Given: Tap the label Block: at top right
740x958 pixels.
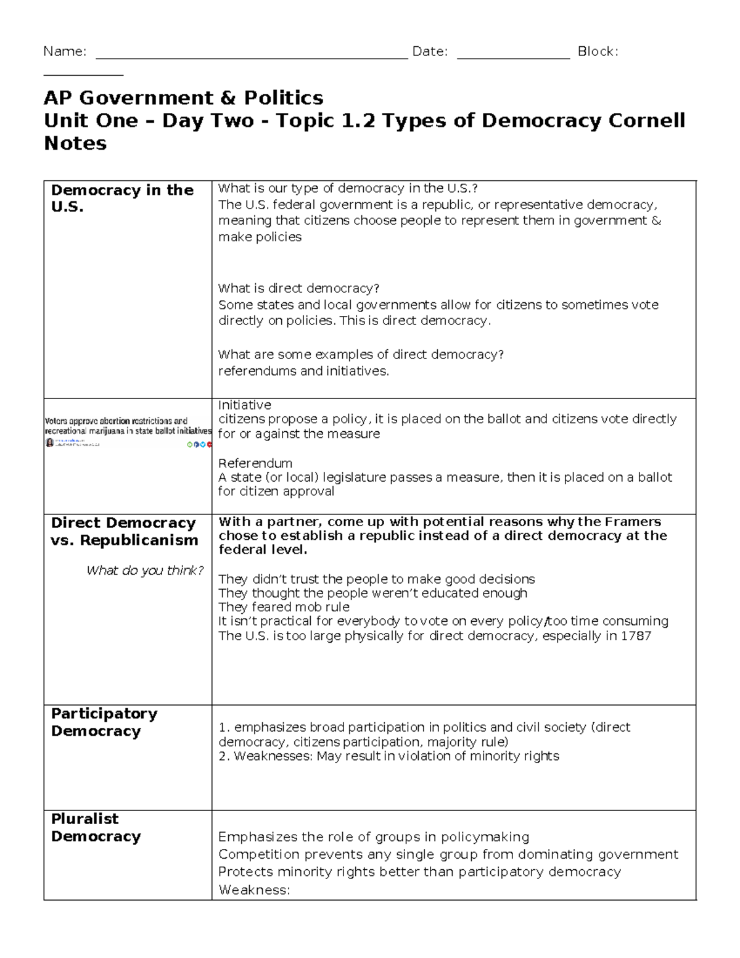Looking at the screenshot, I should (x=598, y=52).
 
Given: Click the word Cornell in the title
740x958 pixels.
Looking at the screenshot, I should (x=646, y=120).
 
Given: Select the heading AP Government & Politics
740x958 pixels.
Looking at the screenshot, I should (x=183, y=97).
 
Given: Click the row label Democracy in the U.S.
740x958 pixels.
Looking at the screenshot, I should (x=122, y=198).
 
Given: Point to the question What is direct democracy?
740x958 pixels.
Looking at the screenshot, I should (x=298, y=288).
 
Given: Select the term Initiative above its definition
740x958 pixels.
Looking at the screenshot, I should (x=244, y=405).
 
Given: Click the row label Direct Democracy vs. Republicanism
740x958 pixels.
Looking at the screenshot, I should (x=124, y=531).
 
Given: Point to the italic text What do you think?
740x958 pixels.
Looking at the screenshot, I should (x=145, y=571).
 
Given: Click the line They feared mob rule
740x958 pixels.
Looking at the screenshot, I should (x=284, y=607).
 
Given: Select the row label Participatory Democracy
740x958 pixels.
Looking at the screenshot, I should (x=104, y=722).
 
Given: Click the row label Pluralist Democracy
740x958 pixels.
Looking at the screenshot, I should (x=96, y=827).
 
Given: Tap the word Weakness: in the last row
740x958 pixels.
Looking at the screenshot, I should (x=254, y=890).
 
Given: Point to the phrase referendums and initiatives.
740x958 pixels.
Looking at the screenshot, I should (x=303, y=371).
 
